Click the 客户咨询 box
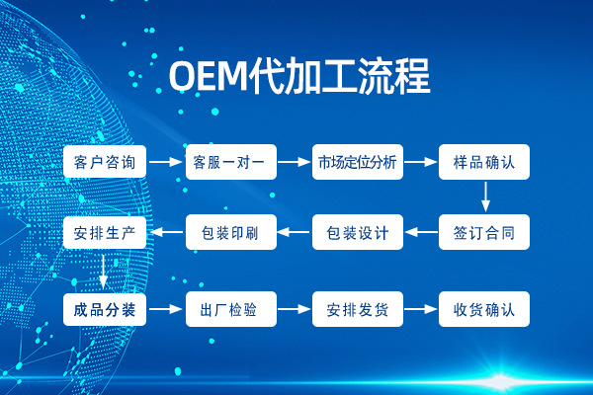[105, 161]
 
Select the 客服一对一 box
[231, 161]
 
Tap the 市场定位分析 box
[357, 161]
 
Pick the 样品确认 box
[484, 161]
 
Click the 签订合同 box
[484, 233]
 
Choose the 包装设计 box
[357, 233]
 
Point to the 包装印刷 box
[231, 233]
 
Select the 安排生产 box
[105, 233]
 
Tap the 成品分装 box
[105, 309]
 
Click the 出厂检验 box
[231, 309]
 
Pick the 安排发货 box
[357, 309]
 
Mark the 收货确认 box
[484, 309]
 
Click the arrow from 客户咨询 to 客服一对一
[167, 161]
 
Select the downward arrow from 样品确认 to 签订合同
[485, 197]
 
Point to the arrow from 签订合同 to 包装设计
[421, 233]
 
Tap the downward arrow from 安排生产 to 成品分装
[105, 271]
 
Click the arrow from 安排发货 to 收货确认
[421, 309]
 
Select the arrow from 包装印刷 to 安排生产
[167, 233]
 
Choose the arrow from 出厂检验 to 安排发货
[294, 309]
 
